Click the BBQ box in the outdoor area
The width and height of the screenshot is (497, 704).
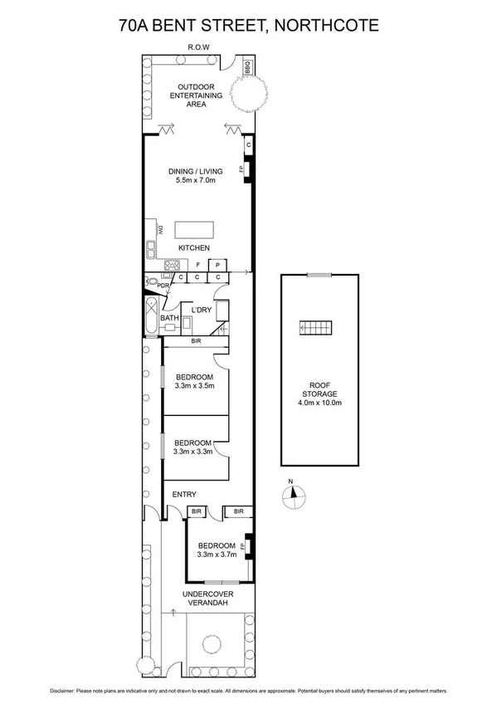tap(247, 66)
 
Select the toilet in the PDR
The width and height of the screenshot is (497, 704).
tap(150, 283)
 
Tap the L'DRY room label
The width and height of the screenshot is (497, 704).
tap(201, 310)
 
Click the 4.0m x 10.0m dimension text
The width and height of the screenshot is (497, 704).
tap(319, 403)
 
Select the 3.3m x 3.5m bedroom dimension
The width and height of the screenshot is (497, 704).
tap(195, 385)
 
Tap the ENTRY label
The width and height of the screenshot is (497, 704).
tap(184, 495)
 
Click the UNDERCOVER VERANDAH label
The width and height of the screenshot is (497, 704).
tap(207, 599)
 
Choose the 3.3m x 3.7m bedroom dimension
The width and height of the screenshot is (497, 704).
tap(217, 555)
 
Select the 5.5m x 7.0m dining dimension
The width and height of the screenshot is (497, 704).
tap(196, 180)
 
